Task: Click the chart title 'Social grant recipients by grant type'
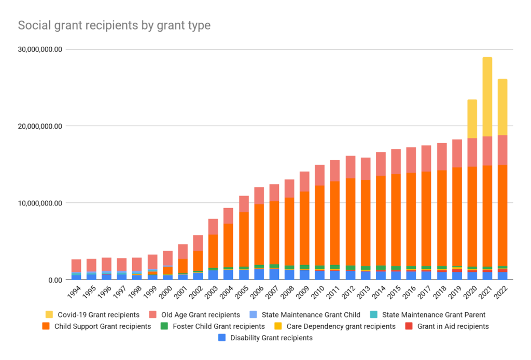pyautogui.click(x=114, y=25)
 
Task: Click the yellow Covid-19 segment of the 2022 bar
pyautogui.click(x=502, y=107)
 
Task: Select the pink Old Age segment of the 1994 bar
pyautogui.click(x=76, y=266)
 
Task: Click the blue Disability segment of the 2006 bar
pyautogui.click(x=259, y=274)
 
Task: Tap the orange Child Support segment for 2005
pyautogui.click(x=244, y=239)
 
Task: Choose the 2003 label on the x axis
pyautogui.click(x=211, y=295)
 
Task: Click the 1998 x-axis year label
pyautogui.click(x=135, y=295)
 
